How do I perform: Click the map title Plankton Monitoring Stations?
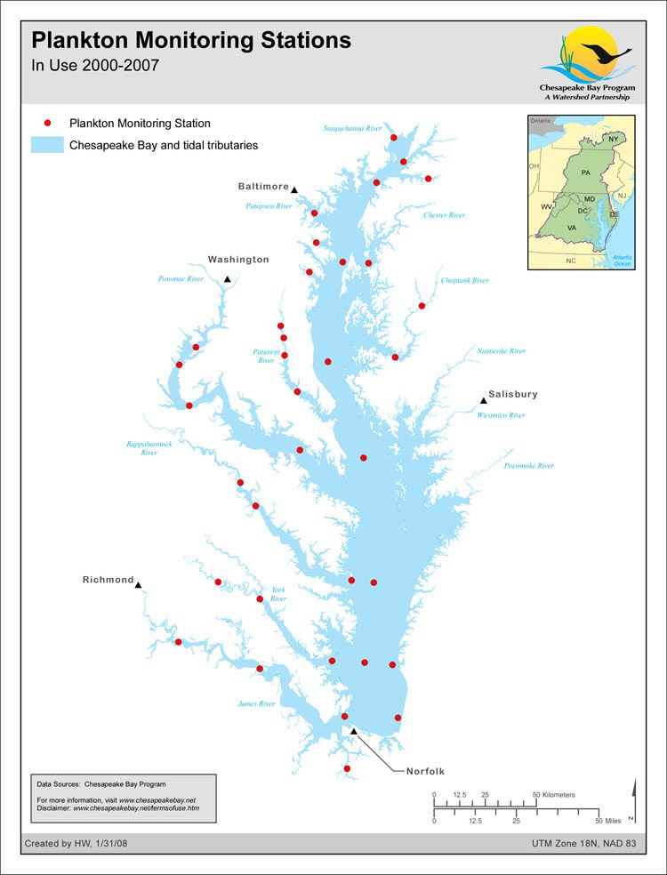[x=191, y=41]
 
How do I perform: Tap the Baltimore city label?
[x=263, y=187]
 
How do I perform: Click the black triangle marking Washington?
[x=228, y=279]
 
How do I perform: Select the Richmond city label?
[x=108, y=580]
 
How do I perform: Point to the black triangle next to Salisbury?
[x=484, y=401]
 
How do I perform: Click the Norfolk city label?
[x=425, y=771]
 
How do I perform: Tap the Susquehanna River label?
[x=352, y=128]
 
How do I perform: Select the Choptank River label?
[x=465, y=280]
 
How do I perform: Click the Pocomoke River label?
[x=528, y=465]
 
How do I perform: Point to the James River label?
[x=256, y=703]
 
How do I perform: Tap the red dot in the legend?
[x=49, y=124]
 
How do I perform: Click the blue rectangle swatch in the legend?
[x=47, y=145]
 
